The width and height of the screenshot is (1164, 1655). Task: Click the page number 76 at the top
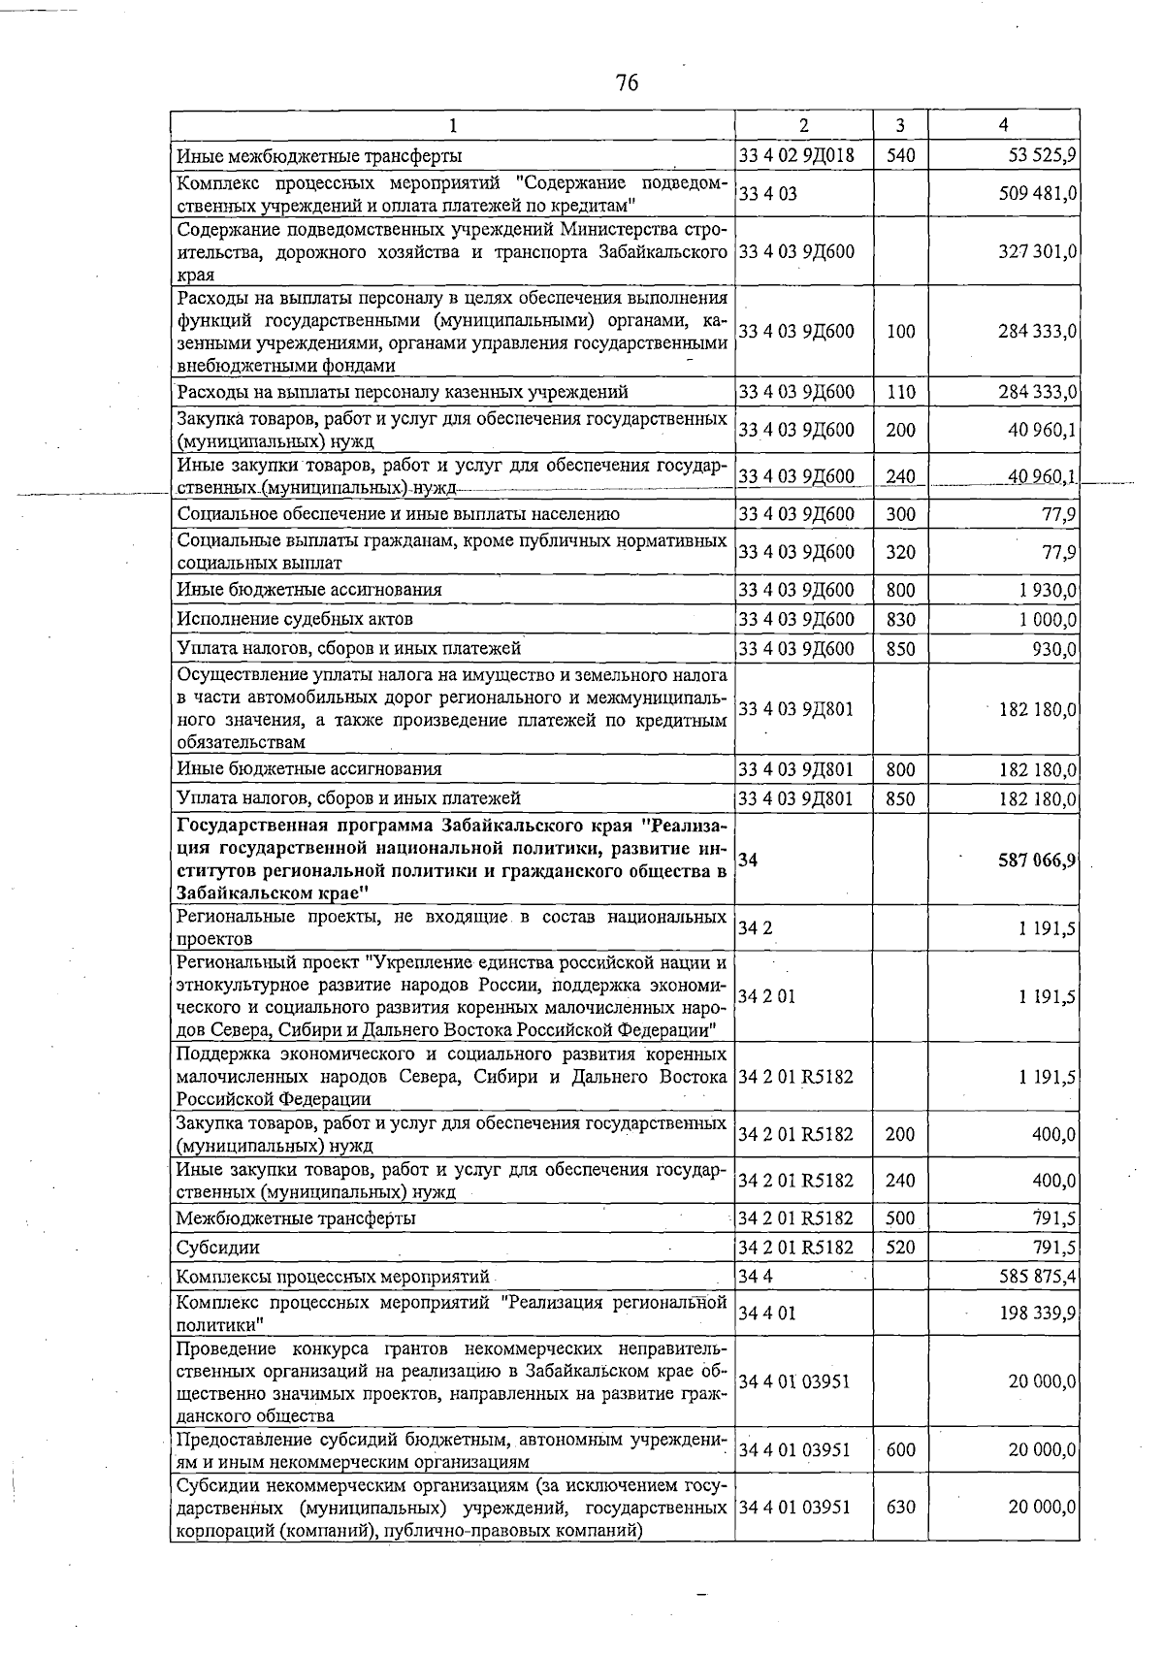tap(627, 83)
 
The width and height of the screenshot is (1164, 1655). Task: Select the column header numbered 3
tap(900, 125)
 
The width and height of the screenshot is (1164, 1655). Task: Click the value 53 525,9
tap(1037, 155)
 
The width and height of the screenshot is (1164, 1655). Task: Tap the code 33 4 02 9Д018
tap(796, 155)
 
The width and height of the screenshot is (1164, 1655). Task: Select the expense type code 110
tap(900, 392)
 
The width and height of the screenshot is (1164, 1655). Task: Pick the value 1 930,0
tap(1047, 590)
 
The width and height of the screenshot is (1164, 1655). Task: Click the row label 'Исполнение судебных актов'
tap(295, 619)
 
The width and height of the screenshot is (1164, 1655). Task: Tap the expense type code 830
tap(900, 619)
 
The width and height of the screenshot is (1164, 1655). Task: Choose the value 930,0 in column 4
tap(1054, 648)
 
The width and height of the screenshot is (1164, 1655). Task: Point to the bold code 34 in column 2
tap(748, 860)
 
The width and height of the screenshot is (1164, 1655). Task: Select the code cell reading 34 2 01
tap(766, 996)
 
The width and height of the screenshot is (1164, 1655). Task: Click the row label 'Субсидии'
tap(218, 1248)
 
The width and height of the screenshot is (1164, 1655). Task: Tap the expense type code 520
tap(900, 1248)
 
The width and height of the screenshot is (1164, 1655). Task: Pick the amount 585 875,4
tap(1037, 1277)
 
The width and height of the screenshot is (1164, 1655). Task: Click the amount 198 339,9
tap(1037, 1314)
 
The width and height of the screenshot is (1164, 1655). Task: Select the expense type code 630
tap(900, 1508)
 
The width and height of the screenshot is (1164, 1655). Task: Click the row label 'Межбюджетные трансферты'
tap(296, 1218)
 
